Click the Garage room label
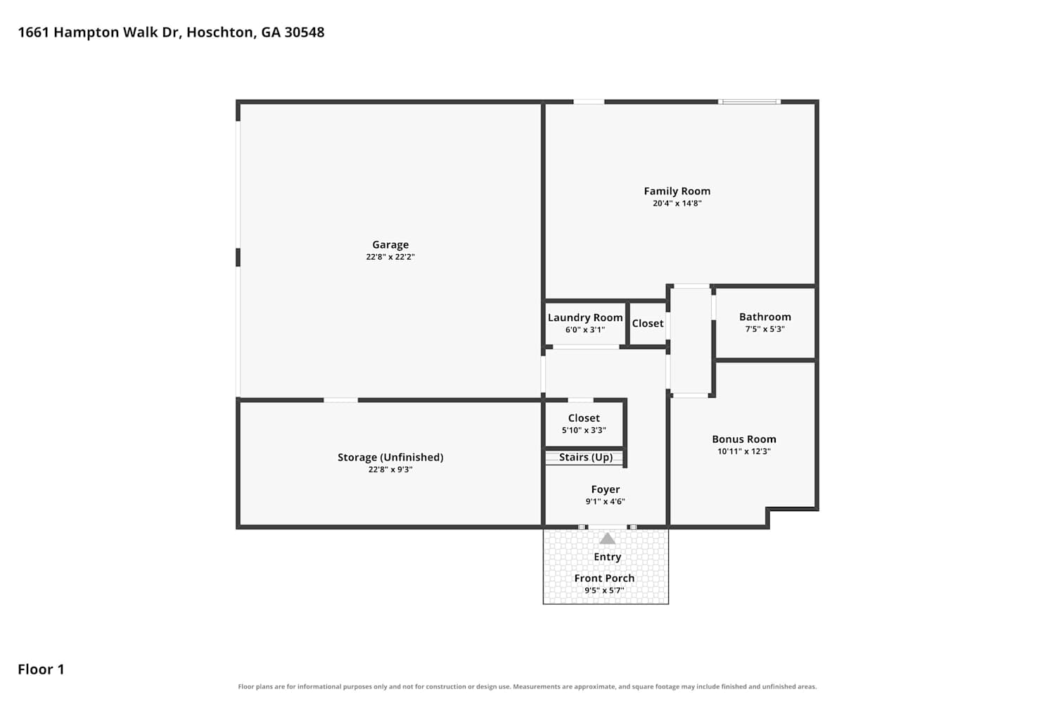(390, 245)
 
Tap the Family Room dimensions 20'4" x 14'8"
(677, 203)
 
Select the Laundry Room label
(585, 318)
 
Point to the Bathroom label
(765, 317)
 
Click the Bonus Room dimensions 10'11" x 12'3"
(744, 451)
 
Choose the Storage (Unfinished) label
(390, 458)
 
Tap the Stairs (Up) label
(586, 458)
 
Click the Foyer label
(606, 489)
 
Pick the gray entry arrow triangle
(608, 539)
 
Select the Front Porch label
(604, 578)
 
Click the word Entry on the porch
(608, 557)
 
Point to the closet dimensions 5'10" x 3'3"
(584, 430)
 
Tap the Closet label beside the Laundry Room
(648, 323)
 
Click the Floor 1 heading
(41, 669)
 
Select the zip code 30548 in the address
(305, 32)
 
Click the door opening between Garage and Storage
(340, 401)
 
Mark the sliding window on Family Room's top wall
(749, 102)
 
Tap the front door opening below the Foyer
(608, 527)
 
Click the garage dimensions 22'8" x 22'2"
(390, 257)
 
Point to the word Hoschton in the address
(220, 32)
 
